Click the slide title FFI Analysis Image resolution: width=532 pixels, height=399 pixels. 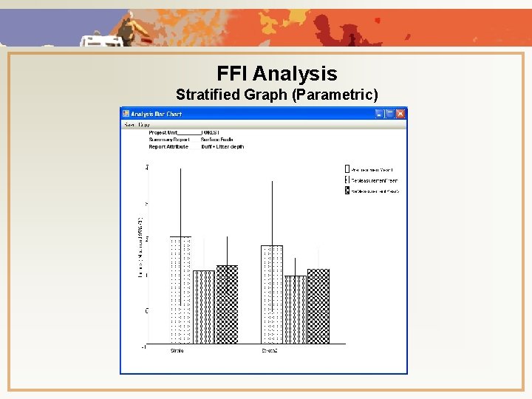276,74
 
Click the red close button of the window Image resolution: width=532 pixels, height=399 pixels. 400,114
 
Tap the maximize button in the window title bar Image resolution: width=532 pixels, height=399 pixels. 389,114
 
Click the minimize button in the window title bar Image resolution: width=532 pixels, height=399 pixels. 379,114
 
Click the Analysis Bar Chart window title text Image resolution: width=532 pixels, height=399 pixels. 157,114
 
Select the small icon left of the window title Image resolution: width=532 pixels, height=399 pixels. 126,114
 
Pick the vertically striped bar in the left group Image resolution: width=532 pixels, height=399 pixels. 204,307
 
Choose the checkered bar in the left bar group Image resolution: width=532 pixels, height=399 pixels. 227,304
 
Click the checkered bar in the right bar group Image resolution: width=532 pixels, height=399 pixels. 318,306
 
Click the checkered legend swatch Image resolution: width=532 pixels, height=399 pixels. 347,191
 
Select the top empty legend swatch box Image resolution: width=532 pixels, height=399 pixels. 347,168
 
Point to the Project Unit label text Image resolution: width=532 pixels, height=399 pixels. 163,133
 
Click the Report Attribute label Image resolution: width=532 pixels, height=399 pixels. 168,146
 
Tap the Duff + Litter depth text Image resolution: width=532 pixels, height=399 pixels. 222,146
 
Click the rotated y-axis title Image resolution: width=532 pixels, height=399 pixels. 140,248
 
